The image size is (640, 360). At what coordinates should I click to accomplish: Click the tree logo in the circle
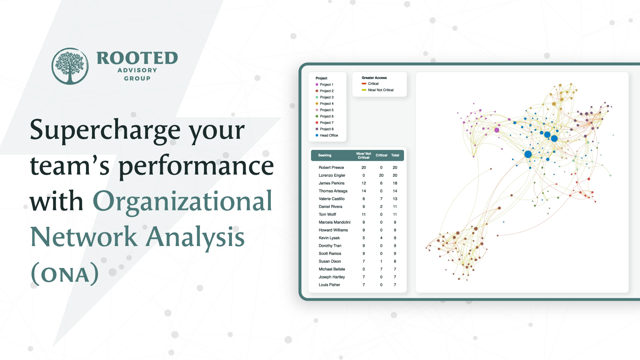70,66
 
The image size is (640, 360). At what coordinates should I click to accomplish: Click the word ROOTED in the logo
138,58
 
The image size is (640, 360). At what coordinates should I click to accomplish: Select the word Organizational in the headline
182,201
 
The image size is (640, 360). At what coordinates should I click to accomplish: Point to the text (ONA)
64,274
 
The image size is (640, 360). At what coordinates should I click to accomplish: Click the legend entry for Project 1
324,84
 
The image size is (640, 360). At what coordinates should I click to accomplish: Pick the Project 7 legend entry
324,122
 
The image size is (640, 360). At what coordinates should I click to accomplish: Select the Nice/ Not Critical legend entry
378,90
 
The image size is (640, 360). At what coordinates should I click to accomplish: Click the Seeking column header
324,156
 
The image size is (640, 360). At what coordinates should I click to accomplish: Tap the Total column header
395,156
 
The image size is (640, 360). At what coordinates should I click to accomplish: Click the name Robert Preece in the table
331,168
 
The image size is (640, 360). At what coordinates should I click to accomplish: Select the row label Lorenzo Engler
332,176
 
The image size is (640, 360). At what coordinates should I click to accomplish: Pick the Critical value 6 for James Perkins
381,183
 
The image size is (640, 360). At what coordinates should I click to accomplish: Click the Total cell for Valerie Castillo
395,199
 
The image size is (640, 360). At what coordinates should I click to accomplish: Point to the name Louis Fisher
330,285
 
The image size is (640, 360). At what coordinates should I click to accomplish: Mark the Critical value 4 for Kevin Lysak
381,238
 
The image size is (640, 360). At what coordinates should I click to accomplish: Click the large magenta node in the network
497,130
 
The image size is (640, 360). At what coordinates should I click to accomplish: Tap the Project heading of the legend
322,78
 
